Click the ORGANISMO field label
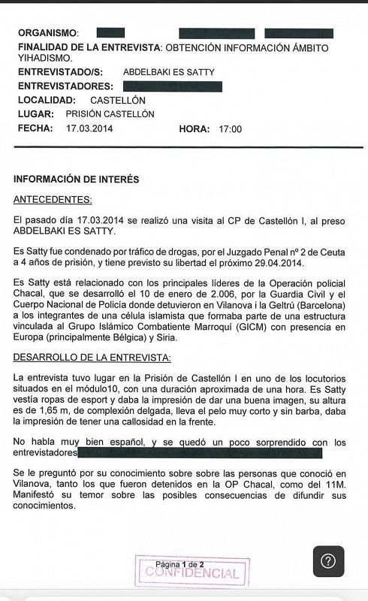coord(47,33)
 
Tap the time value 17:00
coord(230,129)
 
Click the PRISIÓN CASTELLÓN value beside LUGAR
coord(110,114)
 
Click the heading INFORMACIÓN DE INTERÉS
coord(76,180)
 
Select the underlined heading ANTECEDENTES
coord(53,199)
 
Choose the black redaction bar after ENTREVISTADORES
coord(172,86)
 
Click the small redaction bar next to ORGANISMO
coord(110,33)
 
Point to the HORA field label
coord(195,129)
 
